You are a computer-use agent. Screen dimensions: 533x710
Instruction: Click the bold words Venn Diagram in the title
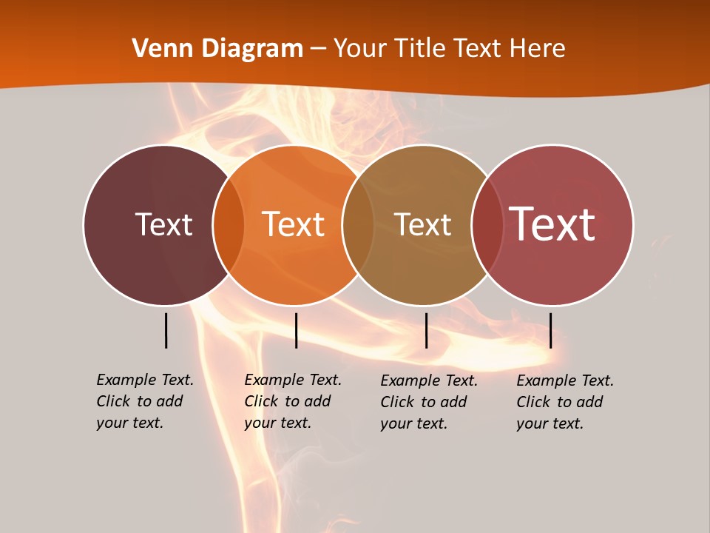(x=217, y=49)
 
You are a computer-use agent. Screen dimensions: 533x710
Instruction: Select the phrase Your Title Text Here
(x=449, y=49)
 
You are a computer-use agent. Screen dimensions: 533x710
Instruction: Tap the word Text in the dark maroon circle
(x=163, y=224)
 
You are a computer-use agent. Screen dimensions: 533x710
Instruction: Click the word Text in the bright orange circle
(x=293, y=224)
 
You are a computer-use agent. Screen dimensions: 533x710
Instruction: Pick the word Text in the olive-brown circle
(x=422, y=224)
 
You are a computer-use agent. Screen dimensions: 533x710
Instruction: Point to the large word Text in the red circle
(x=552, y=224)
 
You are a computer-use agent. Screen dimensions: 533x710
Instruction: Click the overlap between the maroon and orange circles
(x=229, y=225)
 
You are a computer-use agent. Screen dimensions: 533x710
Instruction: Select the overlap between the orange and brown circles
(x=358, y=225)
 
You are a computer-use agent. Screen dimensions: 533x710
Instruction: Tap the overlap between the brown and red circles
(x=487, y=225)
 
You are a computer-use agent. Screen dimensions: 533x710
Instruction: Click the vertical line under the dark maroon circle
(x=166, y=330)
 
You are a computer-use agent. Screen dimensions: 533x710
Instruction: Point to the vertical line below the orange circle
(x=296, y=330)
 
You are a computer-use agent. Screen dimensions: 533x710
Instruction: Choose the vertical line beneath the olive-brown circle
(x=426, y=330)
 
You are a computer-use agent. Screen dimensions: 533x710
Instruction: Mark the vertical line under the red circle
(x=550, y=330)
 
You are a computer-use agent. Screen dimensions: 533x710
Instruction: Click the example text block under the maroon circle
(x=145, y=401)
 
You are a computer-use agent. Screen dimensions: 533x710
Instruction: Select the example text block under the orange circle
(x=293, y=401)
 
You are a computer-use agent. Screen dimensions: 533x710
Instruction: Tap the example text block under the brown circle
(x=429, y=402)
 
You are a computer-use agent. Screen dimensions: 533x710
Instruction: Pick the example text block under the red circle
(x=565, y=402)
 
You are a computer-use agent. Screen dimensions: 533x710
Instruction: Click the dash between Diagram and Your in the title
(x=317, y=49)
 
